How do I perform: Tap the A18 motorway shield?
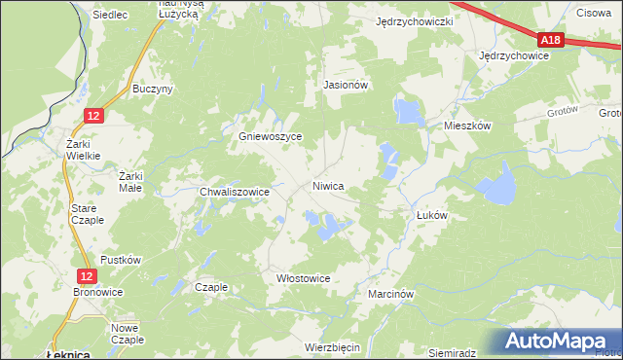[551, 40]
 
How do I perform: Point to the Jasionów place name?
[345, 85]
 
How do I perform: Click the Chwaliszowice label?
[234, 193]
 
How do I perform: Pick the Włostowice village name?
[304, 278]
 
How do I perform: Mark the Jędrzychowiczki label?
[416, 21]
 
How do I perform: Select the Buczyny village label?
[153, 89]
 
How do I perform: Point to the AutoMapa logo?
[556, 342]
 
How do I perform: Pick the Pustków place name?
[122, 260]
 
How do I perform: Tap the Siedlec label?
[111, 16]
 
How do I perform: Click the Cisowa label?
[593, 13]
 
